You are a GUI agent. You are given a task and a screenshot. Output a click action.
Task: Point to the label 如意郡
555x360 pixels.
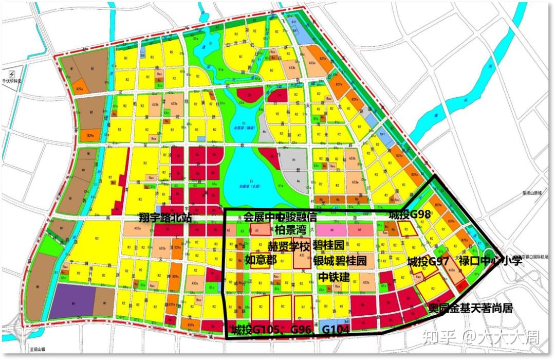[261, 260]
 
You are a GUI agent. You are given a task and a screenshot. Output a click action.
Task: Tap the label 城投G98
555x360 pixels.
[409, 214]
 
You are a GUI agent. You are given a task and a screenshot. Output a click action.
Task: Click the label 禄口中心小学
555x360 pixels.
[490, 261]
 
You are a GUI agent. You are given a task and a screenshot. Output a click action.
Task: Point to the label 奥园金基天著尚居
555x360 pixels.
[471, 309]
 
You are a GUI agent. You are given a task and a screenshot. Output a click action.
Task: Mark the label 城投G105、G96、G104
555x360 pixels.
[290, 330]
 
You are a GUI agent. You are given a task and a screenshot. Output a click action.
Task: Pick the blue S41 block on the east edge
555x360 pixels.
[382, 136]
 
